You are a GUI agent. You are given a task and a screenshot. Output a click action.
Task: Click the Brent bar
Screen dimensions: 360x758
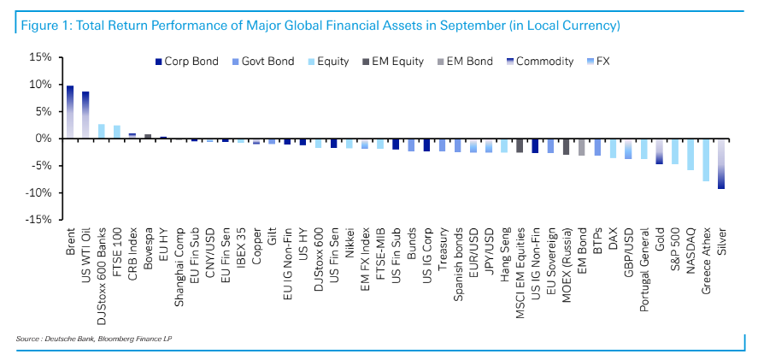click(x=70, y=112)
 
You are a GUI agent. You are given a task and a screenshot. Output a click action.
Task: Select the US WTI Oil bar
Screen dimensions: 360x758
click(x=85, y=115)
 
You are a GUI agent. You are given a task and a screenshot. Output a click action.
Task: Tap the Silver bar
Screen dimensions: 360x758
click(x=721, y=163)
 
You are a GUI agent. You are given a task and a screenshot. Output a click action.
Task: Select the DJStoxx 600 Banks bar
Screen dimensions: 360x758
click(x=102, y=132)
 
